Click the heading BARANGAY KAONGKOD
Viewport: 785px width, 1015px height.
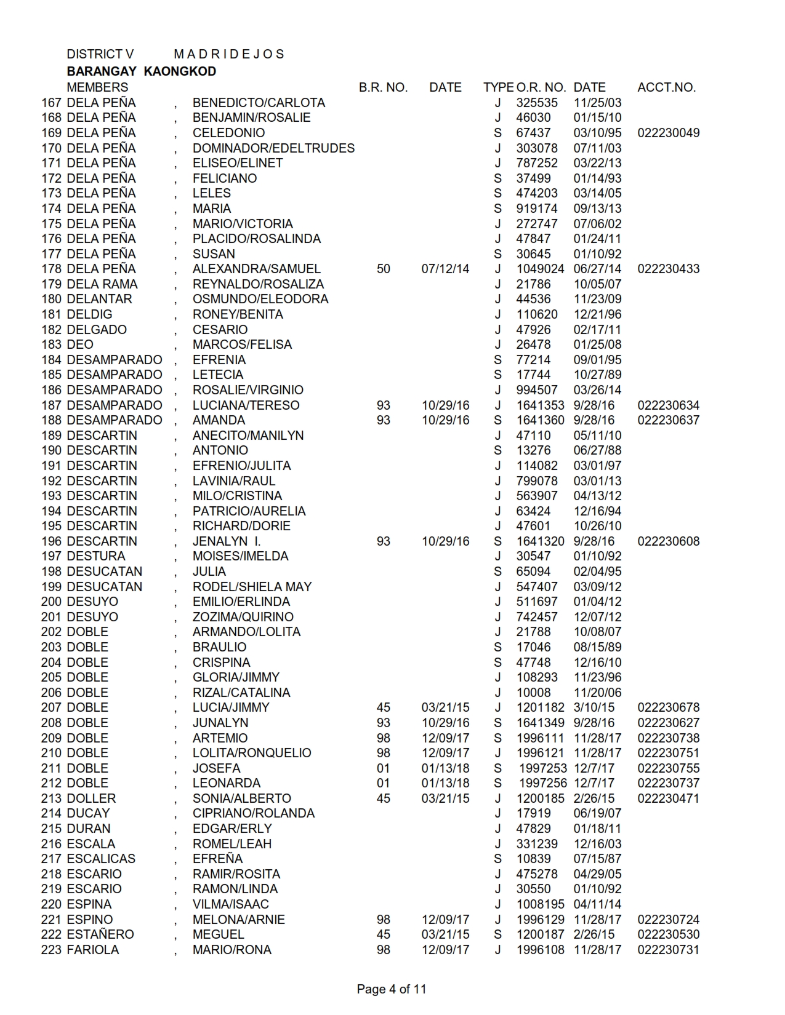point(141,71)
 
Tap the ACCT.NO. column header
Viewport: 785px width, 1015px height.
point(666,87)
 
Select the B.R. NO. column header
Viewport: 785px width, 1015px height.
point(383,87)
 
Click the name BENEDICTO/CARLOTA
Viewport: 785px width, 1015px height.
point(259,103)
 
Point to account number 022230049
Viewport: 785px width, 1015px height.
point(668,133)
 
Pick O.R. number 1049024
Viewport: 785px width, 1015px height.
point(540,269)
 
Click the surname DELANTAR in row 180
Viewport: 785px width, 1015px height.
point(99,299)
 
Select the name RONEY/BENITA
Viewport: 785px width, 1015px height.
point(238,314)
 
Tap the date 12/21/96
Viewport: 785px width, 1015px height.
point(597,314)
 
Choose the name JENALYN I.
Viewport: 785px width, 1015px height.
point(227,541)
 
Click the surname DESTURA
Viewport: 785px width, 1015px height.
point(95,556)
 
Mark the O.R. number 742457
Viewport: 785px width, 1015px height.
point(537,617)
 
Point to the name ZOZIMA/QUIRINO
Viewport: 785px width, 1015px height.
point(243,617)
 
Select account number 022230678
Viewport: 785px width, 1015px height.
point(668,707)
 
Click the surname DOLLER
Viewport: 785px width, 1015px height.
point(91,798)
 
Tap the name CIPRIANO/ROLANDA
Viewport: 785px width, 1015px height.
point(253,813)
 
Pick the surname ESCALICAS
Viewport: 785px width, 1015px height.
point(101,859)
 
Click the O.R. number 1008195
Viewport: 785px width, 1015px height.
point(540,904)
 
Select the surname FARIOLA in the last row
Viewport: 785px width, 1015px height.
point(93,950)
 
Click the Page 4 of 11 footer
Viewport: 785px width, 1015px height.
point(391,989)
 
